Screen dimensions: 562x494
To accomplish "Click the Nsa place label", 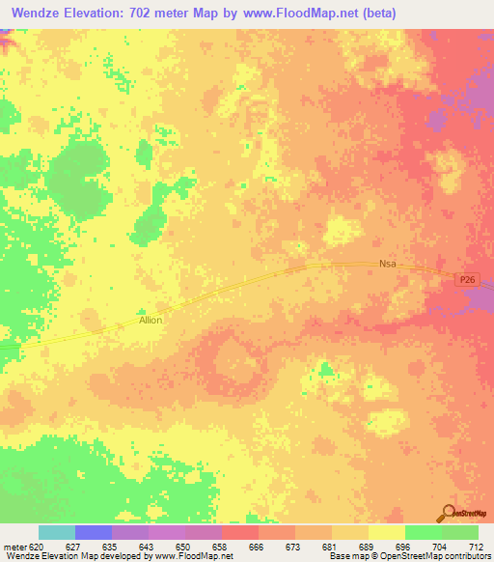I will [388, 263].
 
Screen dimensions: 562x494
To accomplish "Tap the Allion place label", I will [151, 320].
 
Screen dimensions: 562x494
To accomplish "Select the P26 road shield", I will [467, 280].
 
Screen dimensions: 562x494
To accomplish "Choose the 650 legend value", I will [181, 547].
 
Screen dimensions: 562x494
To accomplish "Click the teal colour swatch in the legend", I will [57, 532].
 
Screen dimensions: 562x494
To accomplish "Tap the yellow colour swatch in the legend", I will [386, 532].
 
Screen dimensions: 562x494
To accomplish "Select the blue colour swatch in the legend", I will [93, 532].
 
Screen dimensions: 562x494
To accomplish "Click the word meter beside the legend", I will [14, 547].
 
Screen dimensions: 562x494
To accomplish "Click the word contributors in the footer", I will [467, 557].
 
